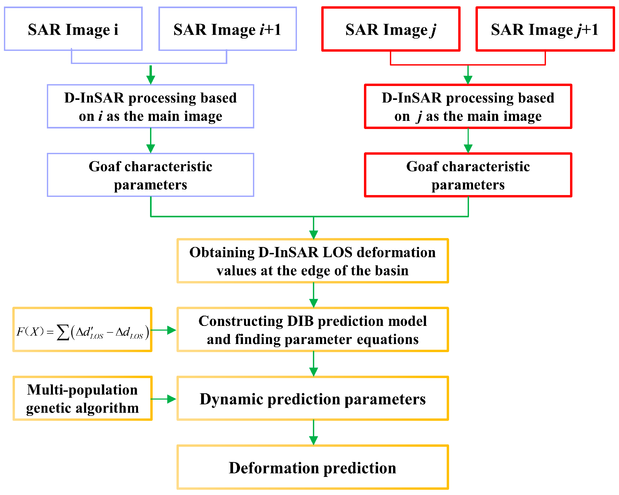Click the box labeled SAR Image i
click(73, 29)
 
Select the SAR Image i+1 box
click(227, 29)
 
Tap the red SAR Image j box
click(391, 29)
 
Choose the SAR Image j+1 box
click(545, 29)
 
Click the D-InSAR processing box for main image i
click(151, 106)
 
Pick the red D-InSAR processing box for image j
click(468, 106)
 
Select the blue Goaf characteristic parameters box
click(151, 175)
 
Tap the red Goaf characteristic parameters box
click(468, 175)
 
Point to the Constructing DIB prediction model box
click(313, 330)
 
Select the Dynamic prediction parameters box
click(313, 399)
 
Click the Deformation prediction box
click(313, 468)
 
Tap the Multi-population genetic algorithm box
click(82, 399)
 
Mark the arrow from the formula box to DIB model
click(164, 330)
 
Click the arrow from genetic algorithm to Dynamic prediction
click(164, 399)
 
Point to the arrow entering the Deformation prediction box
click(313, 433)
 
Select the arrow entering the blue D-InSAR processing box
click(151, 75)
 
